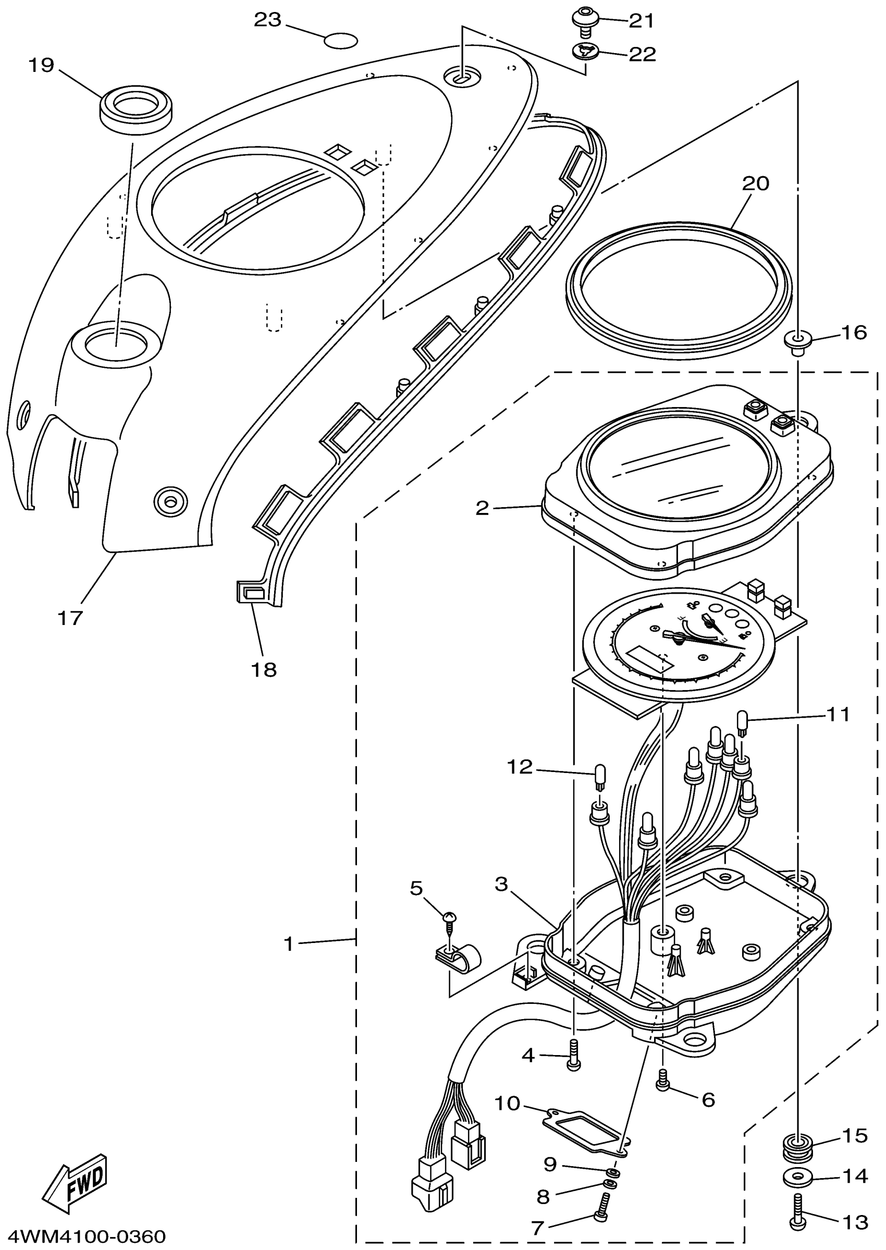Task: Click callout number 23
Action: point(267,20)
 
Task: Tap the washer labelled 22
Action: point(585,52)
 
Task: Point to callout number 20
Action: point(755,184)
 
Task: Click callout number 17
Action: point(70,618)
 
